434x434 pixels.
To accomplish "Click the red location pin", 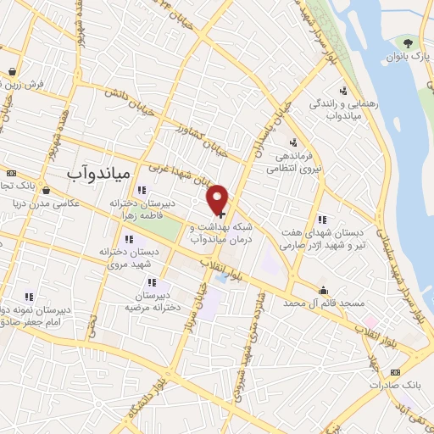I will pyautogui.click(x=219, y=199).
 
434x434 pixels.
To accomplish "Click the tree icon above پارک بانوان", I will pyautogui.click(x=409, y=42).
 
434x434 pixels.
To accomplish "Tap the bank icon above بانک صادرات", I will pyautogui.click(x=394, y=371).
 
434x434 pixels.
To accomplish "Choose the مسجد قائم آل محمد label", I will pyautogui.click(x=323, y=303).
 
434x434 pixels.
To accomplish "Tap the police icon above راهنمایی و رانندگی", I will pyautogui.click(x=343, y=92).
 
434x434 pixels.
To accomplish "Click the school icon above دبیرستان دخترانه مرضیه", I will pyautogui.click(x=152, y=282).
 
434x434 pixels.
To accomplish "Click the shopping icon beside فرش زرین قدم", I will pyautogui.click(x=12, y=72).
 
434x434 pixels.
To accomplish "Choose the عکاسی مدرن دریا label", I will pyautogui.click(x=62, y=203).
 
